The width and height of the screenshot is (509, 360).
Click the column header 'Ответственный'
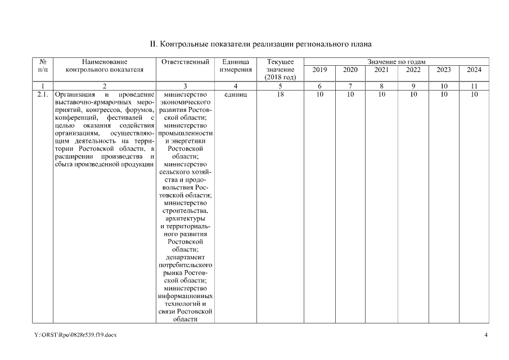click(185, 61)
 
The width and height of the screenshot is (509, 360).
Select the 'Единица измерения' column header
click(236, 65)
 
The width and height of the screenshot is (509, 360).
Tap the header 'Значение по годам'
click(396, 61)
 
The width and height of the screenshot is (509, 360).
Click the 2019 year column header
click(319, 69)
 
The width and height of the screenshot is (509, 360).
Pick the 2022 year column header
click(413, 69)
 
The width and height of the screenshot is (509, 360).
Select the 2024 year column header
click(474, 69)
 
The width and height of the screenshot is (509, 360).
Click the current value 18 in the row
click(280, 94)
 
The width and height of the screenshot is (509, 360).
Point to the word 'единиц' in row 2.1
click(236, 94)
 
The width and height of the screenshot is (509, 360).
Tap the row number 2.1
click(42, 94)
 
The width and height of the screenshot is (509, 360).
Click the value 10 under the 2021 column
click(381, 94)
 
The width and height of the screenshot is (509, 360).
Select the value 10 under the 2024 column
click(474, 94)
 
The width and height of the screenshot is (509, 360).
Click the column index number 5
click(280, 86)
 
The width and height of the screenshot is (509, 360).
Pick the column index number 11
click(474, 86)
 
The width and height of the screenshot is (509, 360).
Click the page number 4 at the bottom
click(486, 335)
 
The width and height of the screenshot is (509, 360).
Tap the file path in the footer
click(75, 335)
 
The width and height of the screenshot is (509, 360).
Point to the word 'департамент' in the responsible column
click(185, 256)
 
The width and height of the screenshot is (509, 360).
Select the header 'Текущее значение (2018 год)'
click(280, 69)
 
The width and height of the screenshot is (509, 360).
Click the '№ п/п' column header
click(42, 65)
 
